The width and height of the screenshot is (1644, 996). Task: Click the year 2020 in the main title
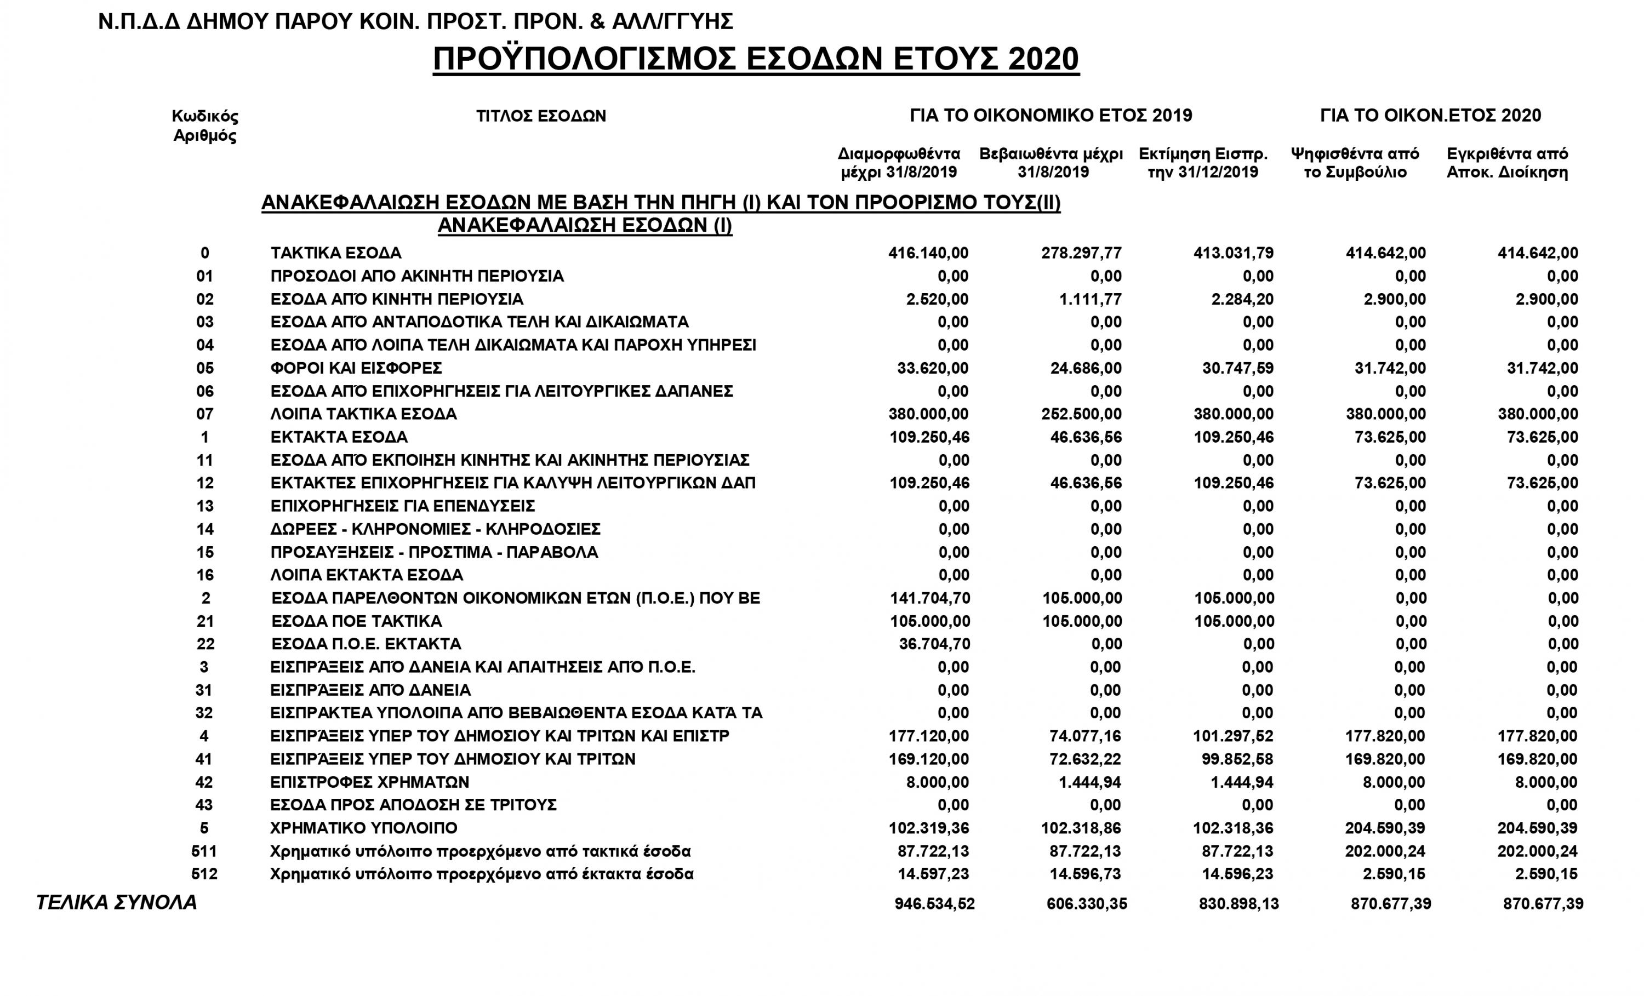click(x=1043, y=59)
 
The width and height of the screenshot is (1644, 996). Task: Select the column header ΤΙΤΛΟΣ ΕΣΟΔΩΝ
click(x=541, y=116)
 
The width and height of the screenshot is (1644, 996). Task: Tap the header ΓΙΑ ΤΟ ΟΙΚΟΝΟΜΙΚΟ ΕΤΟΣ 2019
click(x=1051, y=116)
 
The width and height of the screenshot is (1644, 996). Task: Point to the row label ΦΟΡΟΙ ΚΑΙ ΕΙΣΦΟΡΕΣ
click(x=356, y=368)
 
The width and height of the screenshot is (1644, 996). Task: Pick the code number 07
click(x=205, y=414)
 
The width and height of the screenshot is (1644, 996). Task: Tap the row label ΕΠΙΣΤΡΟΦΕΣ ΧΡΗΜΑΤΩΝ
click(x=370, y=782)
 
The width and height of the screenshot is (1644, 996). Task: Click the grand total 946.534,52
click(x=934, y=905)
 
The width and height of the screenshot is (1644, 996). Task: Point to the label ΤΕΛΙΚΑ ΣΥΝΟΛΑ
click(x=117, y=903)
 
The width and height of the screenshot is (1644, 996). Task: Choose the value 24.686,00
click(x=1086, y=368)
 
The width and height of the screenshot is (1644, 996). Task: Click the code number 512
click(x=204, y=874)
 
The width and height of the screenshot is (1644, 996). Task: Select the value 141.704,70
click(x=930, y=598)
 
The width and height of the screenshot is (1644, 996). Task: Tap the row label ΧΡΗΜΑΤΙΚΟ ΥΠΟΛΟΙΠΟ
click(x=364, y=828)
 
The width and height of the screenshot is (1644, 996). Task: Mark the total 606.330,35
click(x=1086, y=905)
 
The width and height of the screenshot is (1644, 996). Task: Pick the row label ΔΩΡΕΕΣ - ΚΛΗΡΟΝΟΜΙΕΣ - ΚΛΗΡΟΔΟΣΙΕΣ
click(x=436, y=530)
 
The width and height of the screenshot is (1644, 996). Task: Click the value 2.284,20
click(x=1242, y=300)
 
